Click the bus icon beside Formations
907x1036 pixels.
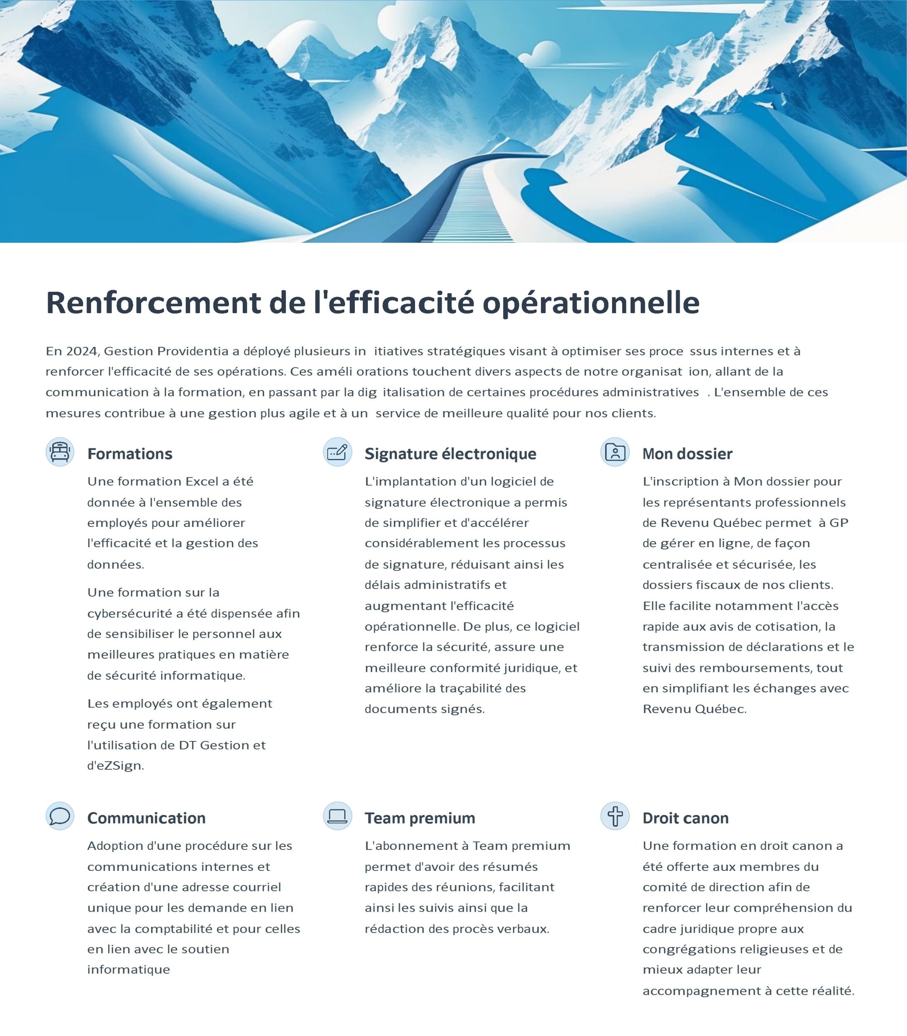(x=60, y=452)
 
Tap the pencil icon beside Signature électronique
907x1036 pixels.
(x=337, y=452)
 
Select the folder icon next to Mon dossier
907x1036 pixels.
(x=615, y=452)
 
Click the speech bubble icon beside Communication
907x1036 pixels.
(x=60, y=816)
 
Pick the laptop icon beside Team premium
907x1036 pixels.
(x=337, y=816)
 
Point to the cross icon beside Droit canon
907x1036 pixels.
(x=615, y=816)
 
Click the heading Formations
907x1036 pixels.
(x=129, y=454)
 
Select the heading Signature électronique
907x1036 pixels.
(x=450, y=454)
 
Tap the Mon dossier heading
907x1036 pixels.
(x=687, y=454)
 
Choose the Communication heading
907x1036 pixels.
(x=146, y=818)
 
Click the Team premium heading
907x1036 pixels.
(x=420, y=818)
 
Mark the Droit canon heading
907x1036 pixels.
(x=686, y=818)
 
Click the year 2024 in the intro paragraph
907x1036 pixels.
(x=81, y=351)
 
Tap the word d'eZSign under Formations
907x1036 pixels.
(x=115, y=766)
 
